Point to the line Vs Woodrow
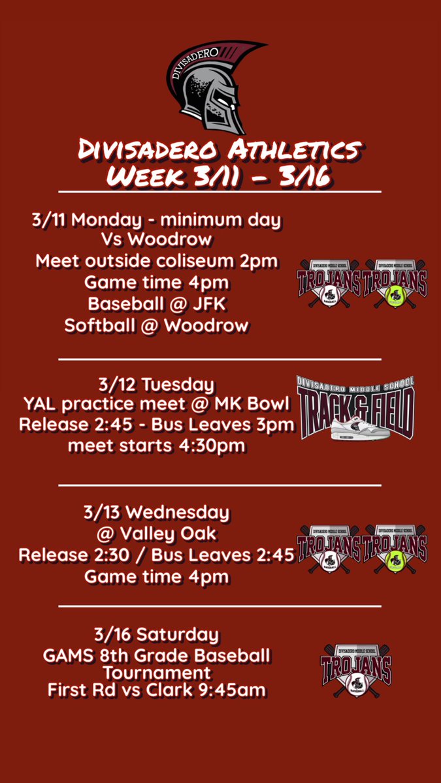point(157,239)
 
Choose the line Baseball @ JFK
point(157,303)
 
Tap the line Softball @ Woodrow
point(157,325)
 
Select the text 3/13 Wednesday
point(157,513)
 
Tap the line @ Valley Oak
point(157,534)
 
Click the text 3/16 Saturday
point(157,634)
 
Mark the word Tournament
point(157,673)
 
